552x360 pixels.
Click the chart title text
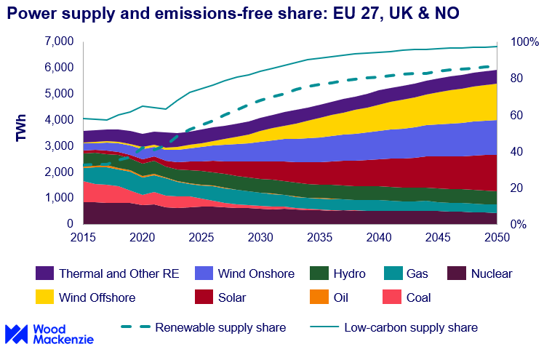click(233, 14)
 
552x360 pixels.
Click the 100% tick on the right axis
click(524, 42)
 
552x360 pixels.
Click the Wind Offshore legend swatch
click(45, 297)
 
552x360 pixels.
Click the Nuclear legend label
click(491, 274)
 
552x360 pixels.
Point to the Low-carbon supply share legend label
click(411, 327)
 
